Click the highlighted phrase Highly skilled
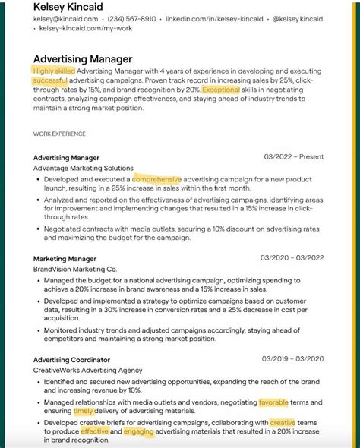(x=54, y=71)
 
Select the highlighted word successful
(x=50, y=80)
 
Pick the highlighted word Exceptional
(x=220, y=90)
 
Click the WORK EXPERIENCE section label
(x=59, y=134)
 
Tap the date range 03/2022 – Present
(x=293, y=157)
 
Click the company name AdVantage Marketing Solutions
(x=84, y=168)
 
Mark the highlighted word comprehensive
(x=157, y=179)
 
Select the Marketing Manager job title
(x=65, y=258)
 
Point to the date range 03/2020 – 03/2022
(x=292, y=258)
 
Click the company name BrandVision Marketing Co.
(x=75, y=269)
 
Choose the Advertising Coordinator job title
(x=71, y=359)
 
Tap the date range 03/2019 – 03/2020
(x=292, y=359)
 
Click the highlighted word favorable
(x=273, y=402)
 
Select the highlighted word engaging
(x=138, y=431)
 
